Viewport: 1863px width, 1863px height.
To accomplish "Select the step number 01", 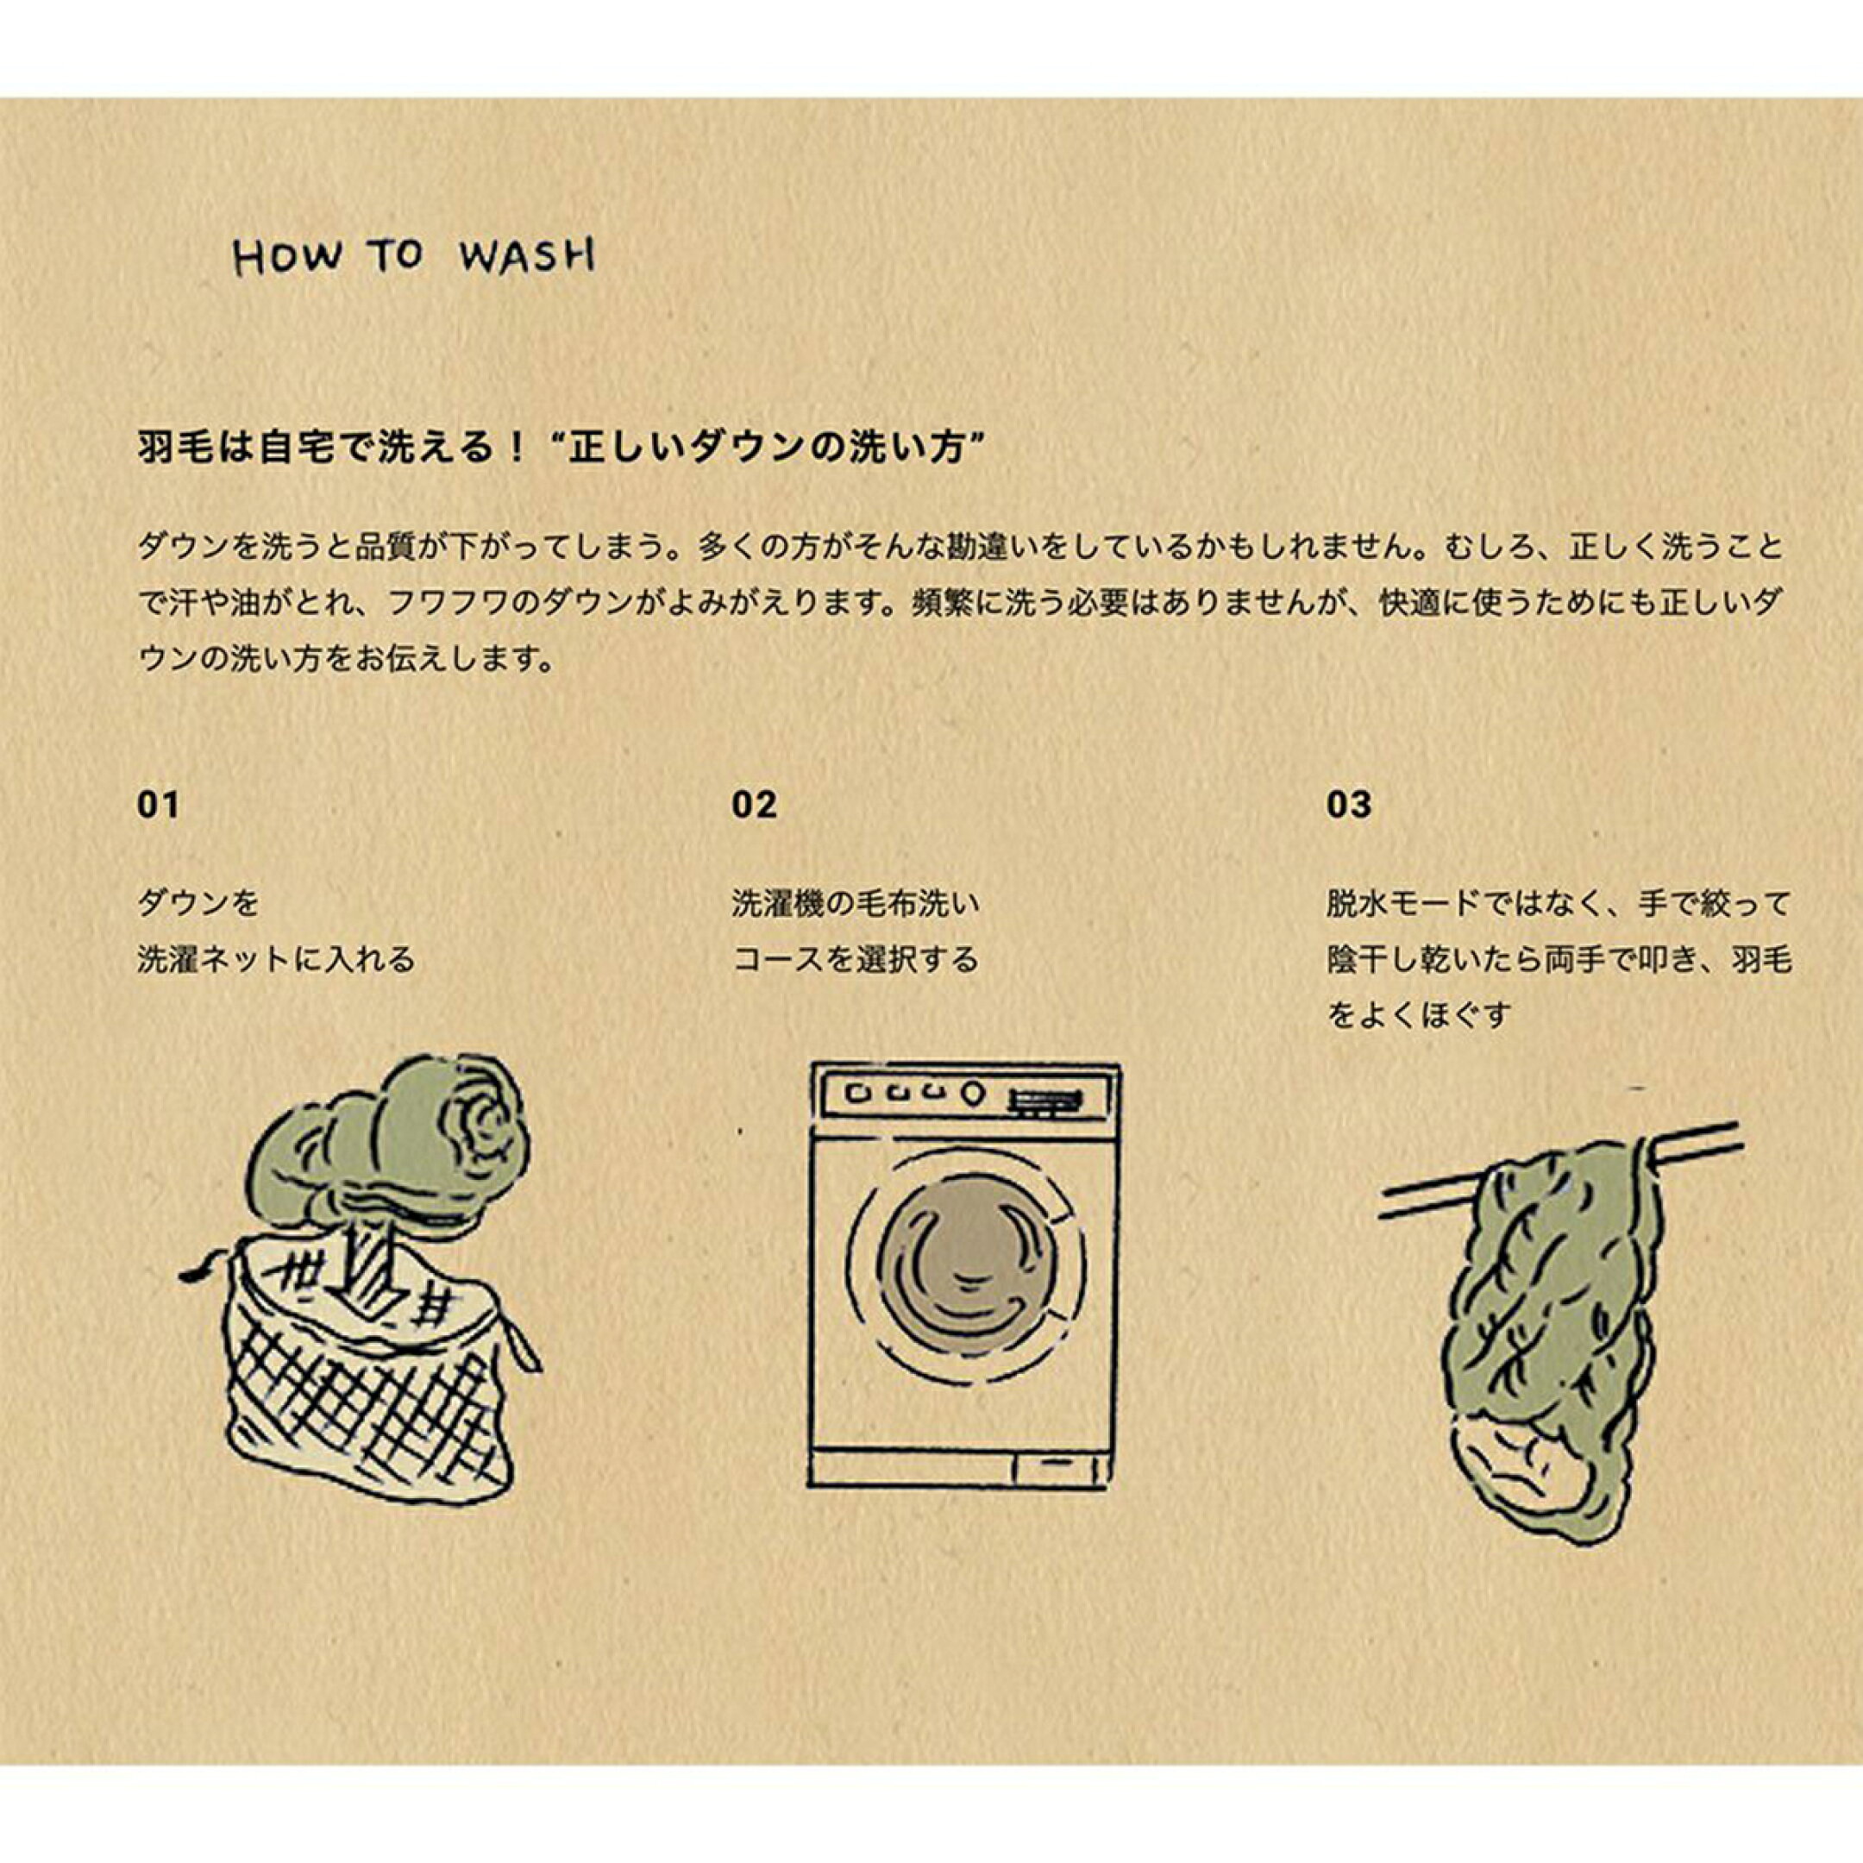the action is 158,804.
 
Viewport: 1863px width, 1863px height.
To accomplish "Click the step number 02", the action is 754,804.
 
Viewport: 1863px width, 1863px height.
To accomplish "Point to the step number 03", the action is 1348,804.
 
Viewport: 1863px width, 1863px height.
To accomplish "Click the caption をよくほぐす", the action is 1416,1014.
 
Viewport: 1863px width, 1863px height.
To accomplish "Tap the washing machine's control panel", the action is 965,1095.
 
